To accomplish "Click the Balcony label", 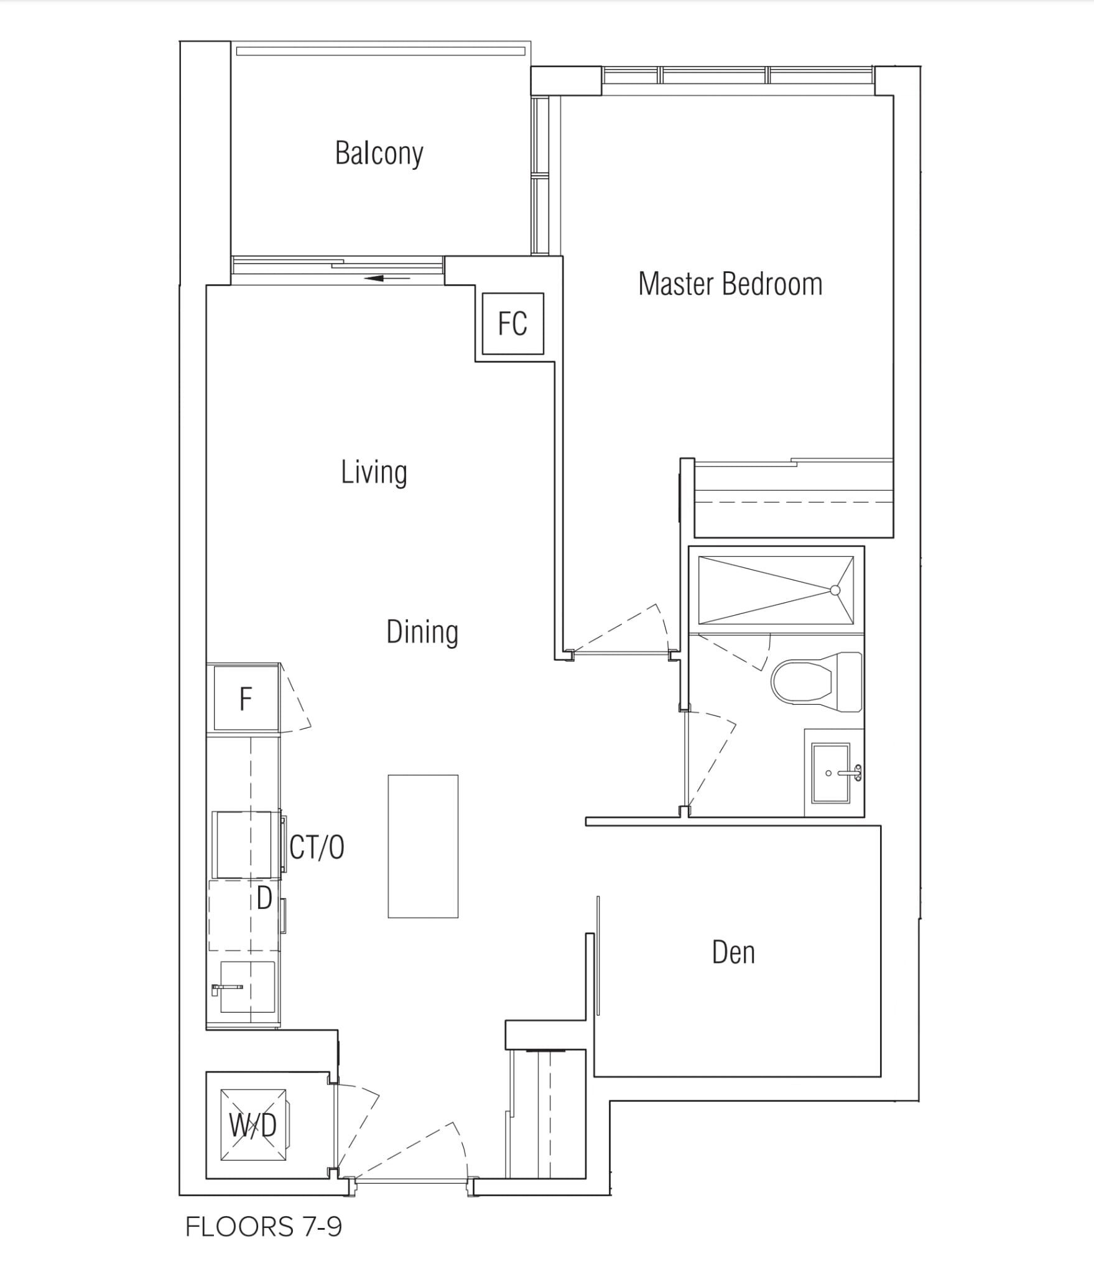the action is (379, 153).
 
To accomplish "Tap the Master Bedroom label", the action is (730, 284).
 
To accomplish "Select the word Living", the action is (374, 473).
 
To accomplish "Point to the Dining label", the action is (422, 632).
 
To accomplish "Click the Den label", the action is (733, 952).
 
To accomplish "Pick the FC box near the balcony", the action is (513, 323).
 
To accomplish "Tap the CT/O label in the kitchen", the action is (317, 847).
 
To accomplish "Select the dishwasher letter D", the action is (264, 898).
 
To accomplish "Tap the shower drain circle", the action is (835, 590).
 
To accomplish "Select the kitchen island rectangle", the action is (423, 846).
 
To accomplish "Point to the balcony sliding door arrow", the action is (387, 278).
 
